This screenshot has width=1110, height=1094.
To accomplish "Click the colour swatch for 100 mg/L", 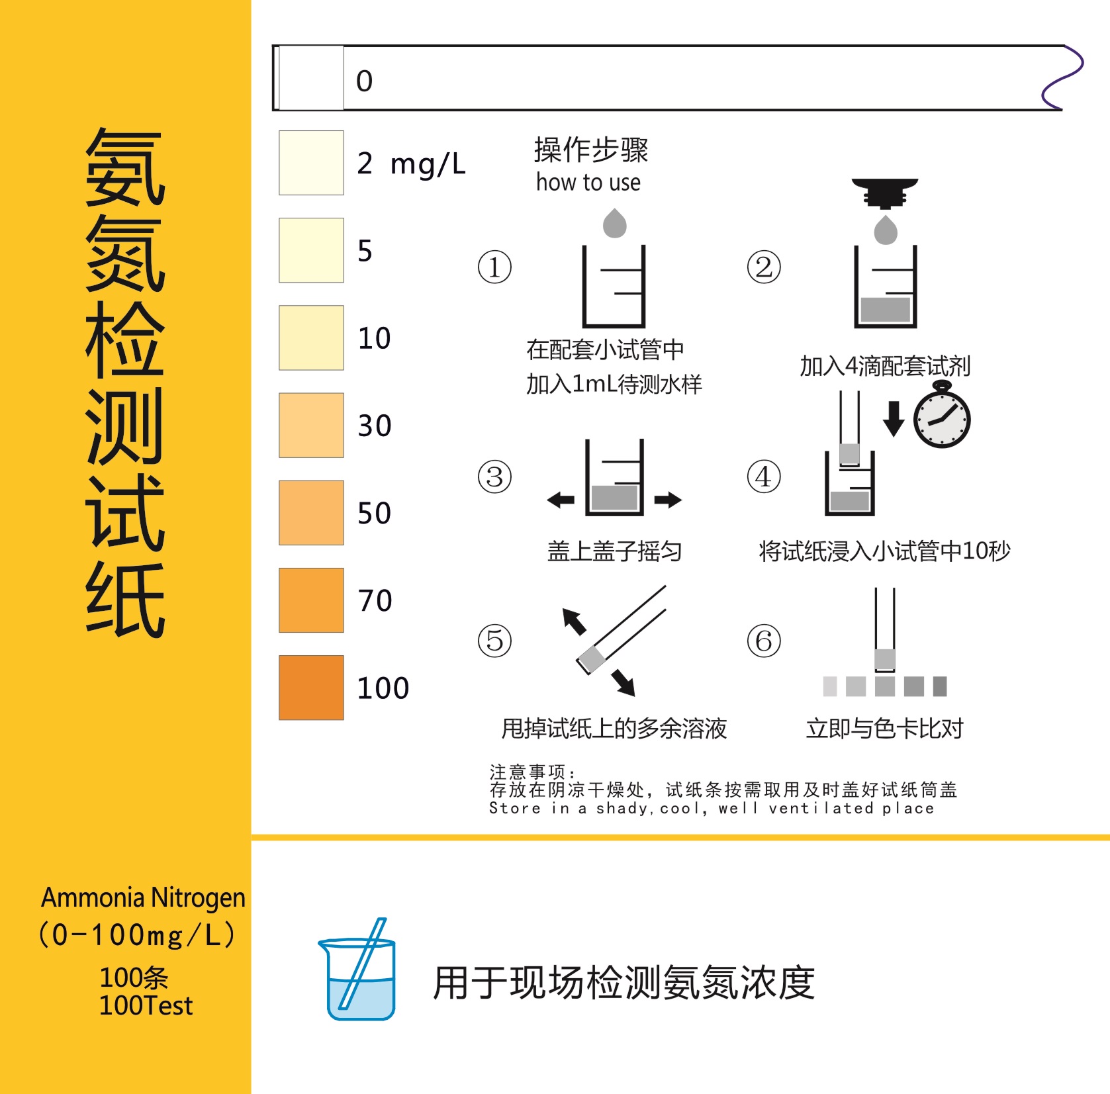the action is (x=311, y=687).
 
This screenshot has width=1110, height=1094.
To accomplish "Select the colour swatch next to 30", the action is (x=311, y=425).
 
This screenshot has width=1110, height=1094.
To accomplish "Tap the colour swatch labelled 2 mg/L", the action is (x=311, y=163).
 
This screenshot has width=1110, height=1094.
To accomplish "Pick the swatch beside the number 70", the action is (x=311, y=600).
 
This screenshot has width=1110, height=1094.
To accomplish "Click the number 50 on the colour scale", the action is (x=374, y=514).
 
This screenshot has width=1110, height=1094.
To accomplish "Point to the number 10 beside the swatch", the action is (x=374, y=338).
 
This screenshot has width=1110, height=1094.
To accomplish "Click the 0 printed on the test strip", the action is (x=364, y=81).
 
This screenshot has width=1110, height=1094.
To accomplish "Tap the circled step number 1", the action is (x=494, y=267).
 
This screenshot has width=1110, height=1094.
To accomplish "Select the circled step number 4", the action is (x=764, y=477).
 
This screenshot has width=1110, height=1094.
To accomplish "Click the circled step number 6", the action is (x=764, y=641).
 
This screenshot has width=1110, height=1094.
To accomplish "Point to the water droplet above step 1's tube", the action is (x=614, y=224).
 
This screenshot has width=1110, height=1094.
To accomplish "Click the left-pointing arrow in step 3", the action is (x=561, y=500).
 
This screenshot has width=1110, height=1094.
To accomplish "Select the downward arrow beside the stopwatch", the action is (x=894, y=418).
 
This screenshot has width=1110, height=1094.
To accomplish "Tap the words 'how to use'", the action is (x=588, y=183).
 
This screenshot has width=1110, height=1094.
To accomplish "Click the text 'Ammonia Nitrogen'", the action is (x=143, y=898).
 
